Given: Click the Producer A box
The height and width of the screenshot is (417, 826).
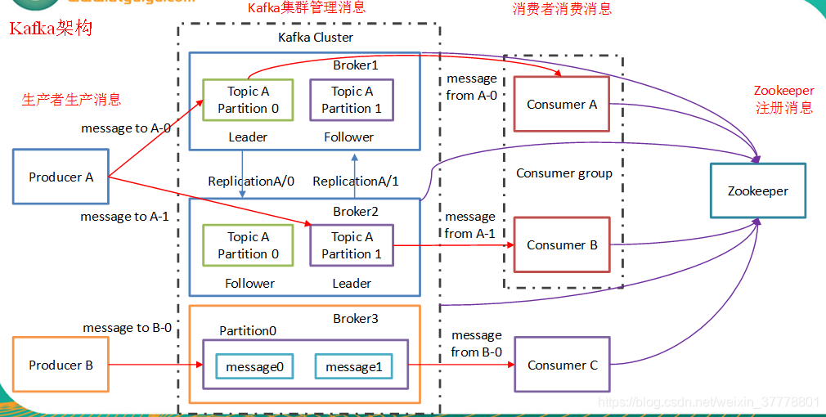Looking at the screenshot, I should pyautogui.click(x=61, y=177).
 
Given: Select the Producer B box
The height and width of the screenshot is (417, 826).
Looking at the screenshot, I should pyautogui.click(x=61, y=365).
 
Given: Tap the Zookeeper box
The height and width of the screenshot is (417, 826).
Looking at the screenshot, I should pyautogui.click(x=758, y=191).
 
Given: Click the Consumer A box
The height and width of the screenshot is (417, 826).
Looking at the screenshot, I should pyautogui.click(x=561, y=105).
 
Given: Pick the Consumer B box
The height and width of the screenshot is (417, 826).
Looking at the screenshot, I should pyautogui.click(x=561, y=244).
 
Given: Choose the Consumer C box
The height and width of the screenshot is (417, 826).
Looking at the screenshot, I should pyautogui.click(x=562, y=365).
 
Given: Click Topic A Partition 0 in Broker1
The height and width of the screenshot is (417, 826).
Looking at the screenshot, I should pyautogui.click(x=248, y=100).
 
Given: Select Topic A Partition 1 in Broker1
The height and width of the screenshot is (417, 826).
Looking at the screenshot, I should pyautogui.click(x=352, y=100).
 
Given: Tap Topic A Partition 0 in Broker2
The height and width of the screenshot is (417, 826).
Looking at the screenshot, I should pyautogui.click(x=248, y=245).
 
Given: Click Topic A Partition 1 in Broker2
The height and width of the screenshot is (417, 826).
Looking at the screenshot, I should pyautogui.click(x=352, y=245).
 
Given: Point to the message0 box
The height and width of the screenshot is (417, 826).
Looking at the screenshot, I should pyautogui.click(x=254, y=367).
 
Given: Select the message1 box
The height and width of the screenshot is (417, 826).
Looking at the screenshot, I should pyautogui.click(x=353, y=367).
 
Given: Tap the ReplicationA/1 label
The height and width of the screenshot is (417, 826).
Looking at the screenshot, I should pyautogui.click(x=356, y=182).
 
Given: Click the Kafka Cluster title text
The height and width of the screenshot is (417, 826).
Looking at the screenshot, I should pyautogui.click(x=316, y=38).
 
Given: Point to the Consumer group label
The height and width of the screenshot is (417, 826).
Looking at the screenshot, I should pyautogui.click(x=564, y=173).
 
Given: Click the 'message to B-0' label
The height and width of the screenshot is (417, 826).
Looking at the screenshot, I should pyautogui.click(x=127, y=328).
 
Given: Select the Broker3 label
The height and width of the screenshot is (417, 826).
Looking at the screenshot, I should pyautogui.click(x=356, y=318).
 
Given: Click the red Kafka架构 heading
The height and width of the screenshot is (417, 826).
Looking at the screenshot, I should pyautogui.click(x=51, y=29).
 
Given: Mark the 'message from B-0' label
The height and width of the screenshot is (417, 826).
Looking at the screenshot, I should pyautogui.click(x=476, y=343).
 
